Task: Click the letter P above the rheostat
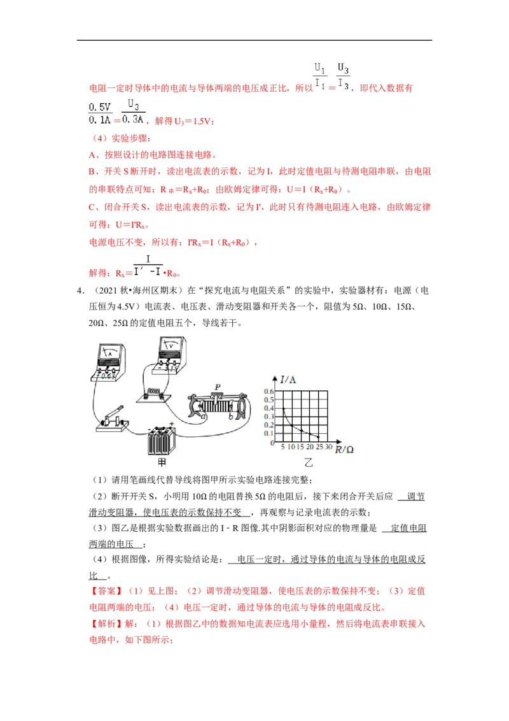click(218, 387)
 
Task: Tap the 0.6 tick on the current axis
click(268, 392)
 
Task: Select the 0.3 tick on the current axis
click(268, 417)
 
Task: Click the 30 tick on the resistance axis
click(328, 448)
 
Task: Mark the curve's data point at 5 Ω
click(283, 408)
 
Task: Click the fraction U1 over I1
click(319, 75)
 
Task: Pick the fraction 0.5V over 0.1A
click(100, 113)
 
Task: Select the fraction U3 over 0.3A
click(134, 111)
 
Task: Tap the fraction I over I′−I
click(149, 266)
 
